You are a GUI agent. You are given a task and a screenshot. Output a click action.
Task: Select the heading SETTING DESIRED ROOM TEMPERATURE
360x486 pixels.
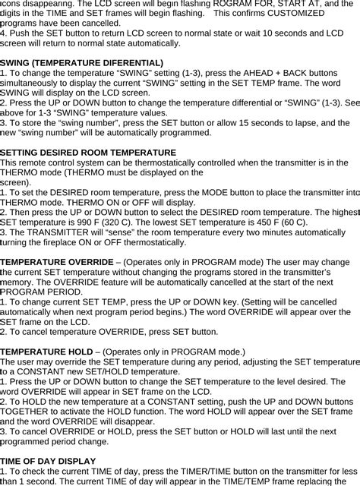coord(89,153)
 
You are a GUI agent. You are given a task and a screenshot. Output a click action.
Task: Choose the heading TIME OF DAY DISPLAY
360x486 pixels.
coord(48,460)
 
